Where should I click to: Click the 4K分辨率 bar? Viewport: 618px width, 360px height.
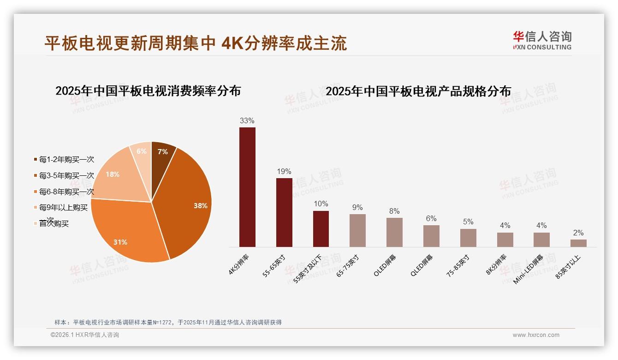coord(247,187)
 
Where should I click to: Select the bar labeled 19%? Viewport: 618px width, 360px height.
coord(284,212)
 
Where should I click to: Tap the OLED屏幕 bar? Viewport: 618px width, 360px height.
coord(394,232)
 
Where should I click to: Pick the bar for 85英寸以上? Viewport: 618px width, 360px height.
coord(578,243)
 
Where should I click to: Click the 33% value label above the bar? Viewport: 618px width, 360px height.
coord(247,121)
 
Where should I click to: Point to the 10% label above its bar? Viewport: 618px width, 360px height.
coord(321,204)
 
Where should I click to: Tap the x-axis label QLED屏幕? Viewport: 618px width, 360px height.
coord(421,265)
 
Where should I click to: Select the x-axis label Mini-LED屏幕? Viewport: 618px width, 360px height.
coord(529,270)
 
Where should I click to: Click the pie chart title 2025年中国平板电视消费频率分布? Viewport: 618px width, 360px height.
coord(148,91)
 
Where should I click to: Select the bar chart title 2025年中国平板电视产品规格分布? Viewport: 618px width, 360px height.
coord(418,91)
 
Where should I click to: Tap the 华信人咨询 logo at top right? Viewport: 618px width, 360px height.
coord(542,40)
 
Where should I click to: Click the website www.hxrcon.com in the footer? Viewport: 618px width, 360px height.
coord(535,335)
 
